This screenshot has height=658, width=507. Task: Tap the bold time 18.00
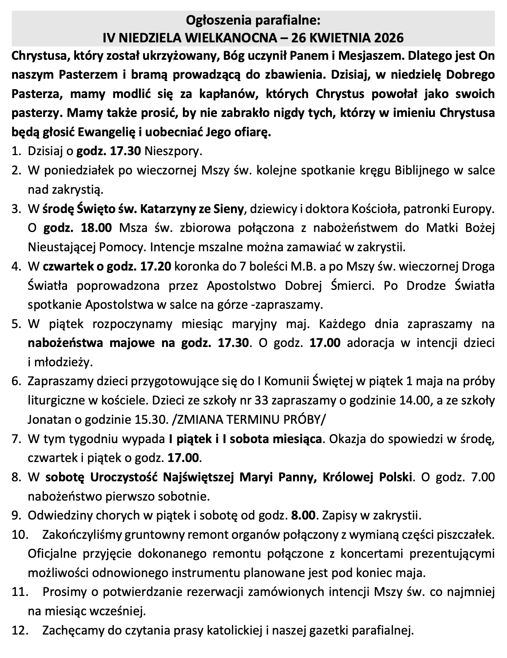[97, 228]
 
